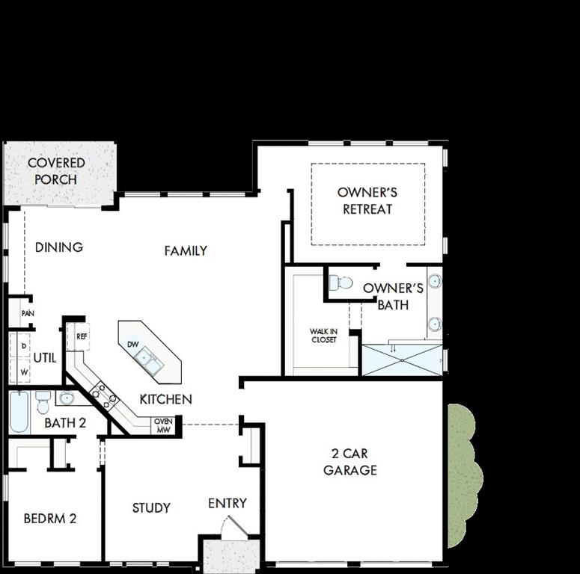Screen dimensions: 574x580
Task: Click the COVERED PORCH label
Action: coord(56,171)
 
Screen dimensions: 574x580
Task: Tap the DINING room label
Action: coord(59,247)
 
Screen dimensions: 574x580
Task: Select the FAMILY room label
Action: coord(186,251)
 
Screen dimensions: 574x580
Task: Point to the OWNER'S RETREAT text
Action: coord(367,201)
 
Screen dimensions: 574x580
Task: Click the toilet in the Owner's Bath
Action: coord(341,283)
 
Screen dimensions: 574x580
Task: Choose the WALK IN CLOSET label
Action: coord(323,336)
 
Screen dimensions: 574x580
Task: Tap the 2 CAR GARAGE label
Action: coord(350,462)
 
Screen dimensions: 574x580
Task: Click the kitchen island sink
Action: coord(149,361)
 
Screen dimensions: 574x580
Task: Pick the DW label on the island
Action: coord(132,345)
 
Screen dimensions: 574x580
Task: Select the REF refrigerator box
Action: coord(82,336)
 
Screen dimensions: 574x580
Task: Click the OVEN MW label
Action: coord(163,425)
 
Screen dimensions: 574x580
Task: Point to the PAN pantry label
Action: coord(27,314)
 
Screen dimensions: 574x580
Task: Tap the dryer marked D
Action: coord(24,345)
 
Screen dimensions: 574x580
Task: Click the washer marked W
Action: coord(24,371)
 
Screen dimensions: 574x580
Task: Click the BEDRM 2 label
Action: coord(50,518)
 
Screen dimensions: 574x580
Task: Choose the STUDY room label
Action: coord(151,508)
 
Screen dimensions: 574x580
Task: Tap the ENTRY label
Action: coord(228,504)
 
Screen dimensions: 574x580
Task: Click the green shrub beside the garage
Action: coord(463,475)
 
